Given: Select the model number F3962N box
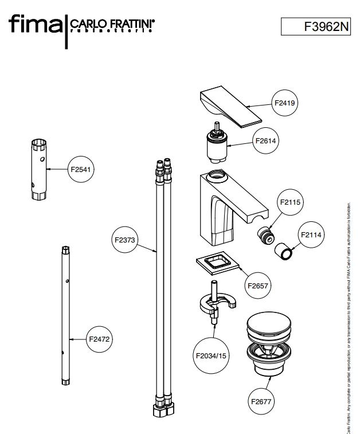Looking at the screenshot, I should (315, 26).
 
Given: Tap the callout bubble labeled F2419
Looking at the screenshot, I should (284, 103).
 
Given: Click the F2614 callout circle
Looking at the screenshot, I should (267, 141).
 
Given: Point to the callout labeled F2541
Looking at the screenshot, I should (81, 169).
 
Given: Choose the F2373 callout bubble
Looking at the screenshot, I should (124, 240).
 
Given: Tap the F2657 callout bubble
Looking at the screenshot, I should (259, 285).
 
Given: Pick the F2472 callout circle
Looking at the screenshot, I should (99, 339).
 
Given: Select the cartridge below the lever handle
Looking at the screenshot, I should (216, 146).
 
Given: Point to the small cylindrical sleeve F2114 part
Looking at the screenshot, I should (285, 251).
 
